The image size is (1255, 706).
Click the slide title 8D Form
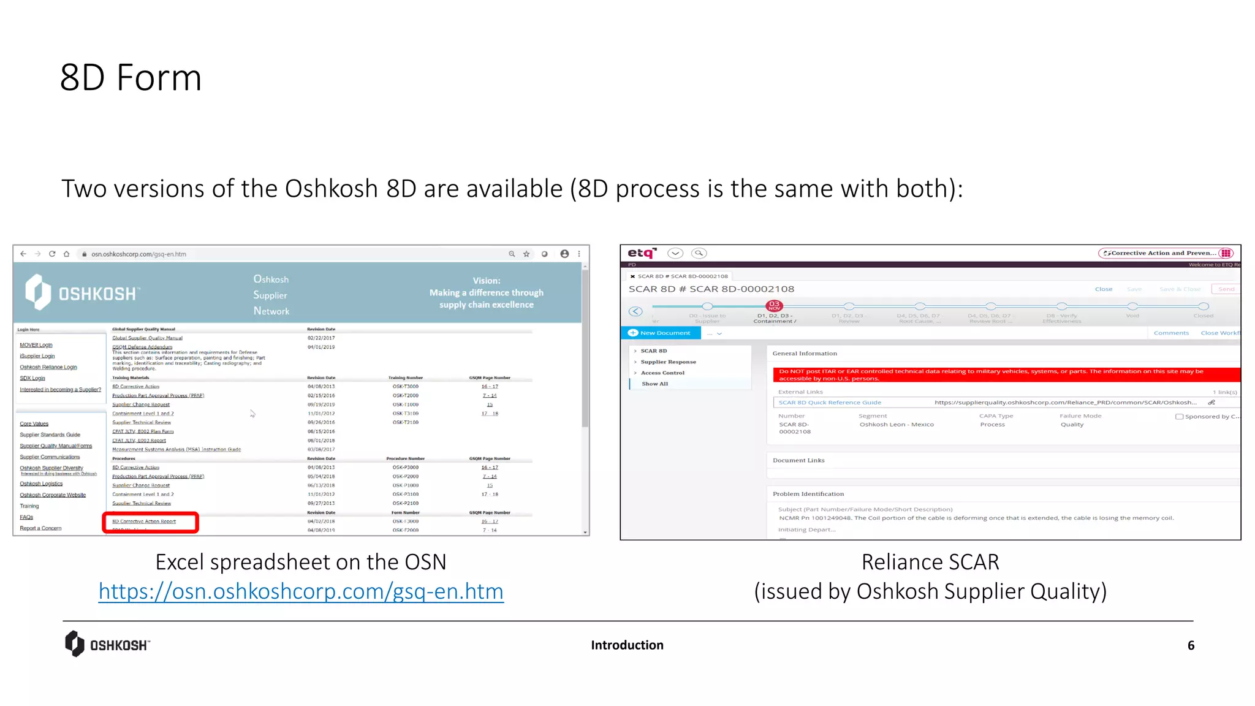[131, 78]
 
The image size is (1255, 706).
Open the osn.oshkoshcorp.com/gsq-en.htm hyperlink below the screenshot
[301, 591]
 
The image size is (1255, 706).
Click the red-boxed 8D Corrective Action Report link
[144, 522]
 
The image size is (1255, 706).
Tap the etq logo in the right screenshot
[642, 253]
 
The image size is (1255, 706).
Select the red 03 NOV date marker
[774, 305]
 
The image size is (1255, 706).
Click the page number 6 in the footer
[1191, 645]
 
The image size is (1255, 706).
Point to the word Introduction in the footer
[627, 645]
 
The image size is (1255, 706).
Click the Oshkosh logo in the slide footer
[107, 644]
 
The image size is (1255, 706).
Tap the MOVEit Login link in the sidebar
[36, 345]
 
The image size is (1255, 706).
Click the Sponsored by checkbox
[1179, 417]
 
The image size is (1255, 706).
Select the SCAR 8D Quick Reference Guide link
[830, 403]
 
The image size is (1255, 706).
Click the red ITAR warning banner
[1005, 374]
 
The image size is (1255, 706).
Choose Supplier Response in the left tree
[668, 362]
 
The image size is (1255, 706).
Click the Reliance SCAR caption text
[930, 562]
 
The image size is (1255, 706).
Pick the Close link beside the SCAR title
[1103, 289]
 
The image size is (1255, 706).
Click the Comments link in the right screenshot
[1170, 333]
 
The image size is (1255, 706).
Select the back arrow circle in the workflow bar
[635, 311]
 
